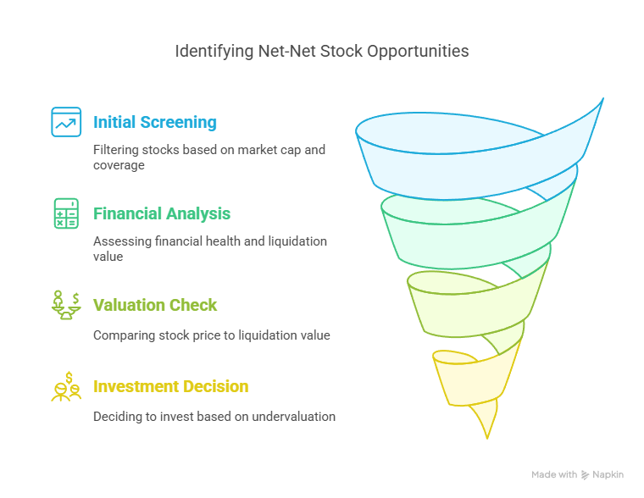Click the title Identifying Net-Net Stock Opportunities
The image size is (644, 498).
(x=321, y=51)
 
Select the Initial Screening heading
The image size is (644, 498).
(x=155, y=122)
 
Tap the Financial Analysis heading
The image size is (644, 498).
(x=162, y=213)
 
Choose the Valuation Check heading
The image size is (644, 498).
(x=155, y=305)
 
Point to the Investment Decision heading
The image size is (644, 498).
(x=170, y=386)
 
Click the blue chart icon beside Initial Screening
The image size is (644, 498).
(x=66, y=122)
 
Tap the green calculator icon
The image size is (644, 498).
(x=66, y=213)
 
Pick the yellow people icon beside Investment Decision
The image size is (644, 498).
(x=66, y=387)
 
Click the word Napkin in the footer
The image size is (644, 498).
(x=608, y=475)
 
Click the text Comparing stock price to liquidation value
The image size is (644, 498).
(x=211, y=335)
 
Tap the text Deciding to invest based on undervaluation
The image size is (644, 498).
(x=214, y=416)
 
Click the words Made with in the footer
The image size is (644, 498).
(x=554, y=475)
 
